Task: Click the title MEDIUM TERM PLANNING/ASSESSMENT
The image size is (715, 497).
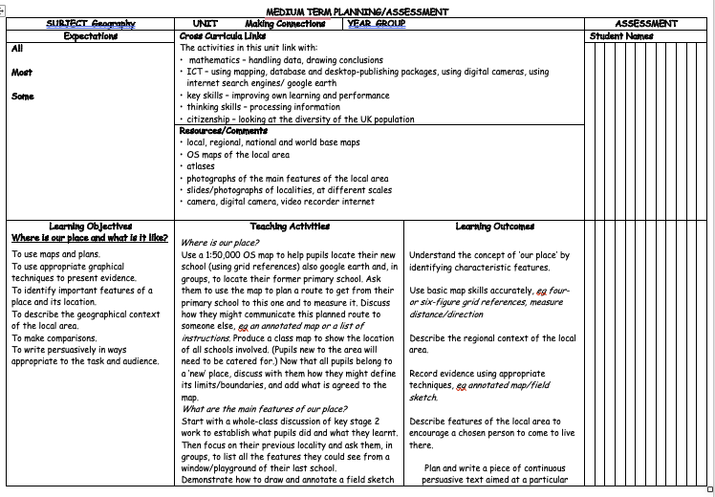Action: (357, 11)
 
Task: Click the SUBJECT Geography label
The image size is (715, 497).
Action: (90, 24)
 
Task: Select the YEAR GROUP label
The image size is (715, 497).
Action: (377, 24)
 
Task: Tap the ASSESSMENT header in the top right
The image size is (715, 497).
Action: (647, 24)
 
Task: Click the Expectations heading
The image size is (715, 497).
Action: (90, 36)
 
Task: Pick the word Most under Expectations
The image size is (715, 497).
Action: (22, 73)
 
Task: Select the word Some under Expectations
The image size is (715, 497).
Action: (23, 97)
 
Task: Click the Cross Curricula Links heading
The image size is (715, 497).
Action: (222, 36)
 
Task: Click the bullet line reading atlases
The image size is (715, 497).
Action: (201, 166)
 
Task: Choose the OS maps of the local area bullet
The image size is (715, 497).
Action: (238, 155)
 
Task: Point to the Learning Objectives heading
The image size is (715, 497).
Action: (90, 227)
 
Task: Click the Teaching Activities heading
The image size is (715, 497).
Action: (290, 227)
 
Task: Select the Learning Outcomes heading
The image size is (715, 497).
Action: (494, 227)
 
